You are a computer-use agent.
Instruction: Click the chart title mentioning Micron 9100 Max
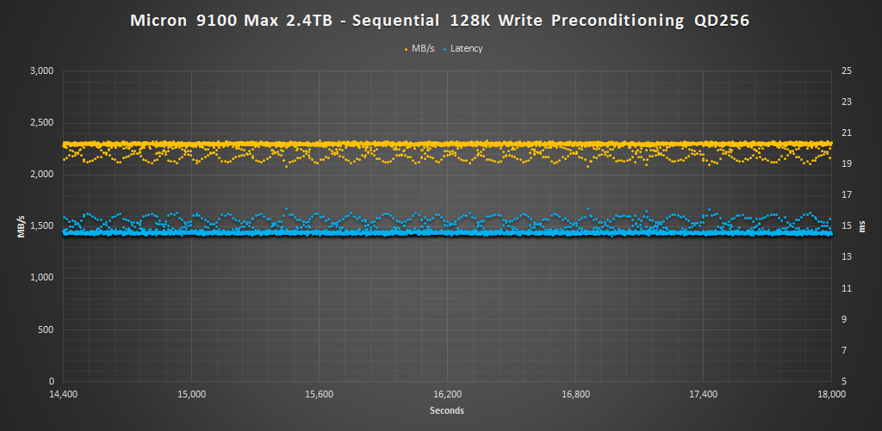440,20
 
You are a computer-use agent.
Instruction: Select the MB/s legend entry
423,49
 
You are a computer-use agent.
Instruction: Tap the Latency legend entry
466,49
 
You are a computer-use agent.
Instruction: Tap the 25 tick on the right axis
846,71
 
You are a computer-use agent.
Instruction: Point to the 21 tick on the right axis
846,133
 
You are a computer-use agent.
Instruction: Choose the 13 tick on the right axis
846,257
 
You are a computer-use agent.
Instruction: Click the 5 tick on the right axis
843,381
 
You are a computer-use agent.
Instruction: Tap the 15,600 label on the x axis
320,395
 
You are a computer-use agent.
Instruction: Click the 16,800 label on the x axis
575,395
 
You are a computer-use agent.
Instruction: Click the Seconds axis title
447,410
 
